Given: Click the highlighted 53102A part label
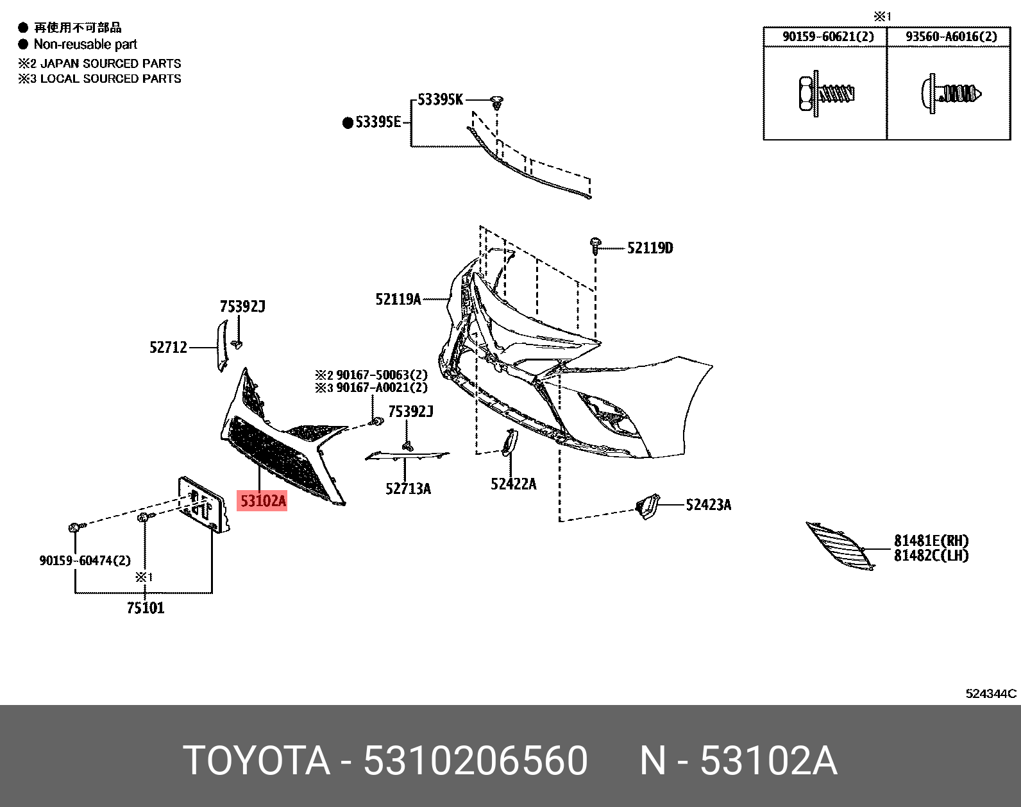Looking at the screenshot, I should click(262, 500).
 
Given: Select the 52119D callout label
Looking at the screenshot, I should click(650, 248).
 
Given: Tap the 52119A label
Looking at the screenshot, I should click(398, 299).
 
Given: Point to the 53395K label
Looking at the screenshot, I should click(440, 99).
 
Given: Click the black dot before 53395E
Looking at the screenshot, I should click(348, 123).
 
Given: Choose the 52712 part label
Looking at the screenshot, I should click(168, 348).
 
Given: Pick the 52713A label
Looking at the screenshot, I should click(408, 489).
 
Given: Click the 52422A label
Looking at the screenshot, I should click(513, 484).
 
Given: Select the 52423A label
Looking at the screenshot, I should click(708, 505).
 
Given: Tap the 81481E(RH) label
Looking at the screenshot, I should click(931, 541).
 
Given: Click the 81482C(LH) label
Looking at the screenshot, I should click(931, 556).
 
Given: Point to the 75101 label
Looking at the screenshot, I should click(146, 608).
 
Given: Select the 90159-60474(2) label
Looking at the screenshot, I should click(85, 561).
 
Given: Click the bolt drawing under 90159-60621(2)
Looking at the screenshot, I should click(826, 94).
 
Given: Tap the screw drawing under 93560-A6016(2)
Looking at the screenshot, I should click(950, 94).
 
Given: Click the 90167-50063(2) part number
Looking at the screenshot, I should click(382, 375).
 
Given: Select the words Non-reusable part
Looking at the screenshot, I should click(85, 44).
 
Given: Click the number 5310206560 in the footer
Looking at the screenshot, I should click(475, 761).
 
